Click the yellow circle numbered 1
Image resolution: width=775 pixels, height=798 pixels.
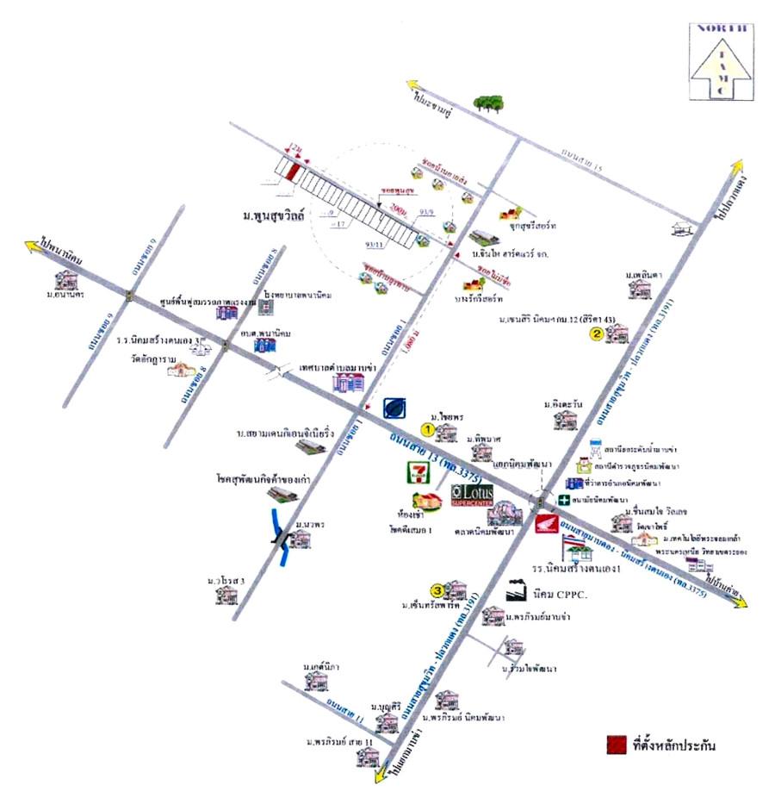427,428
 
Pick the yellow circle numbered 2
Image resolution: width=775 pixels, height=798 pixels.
594,336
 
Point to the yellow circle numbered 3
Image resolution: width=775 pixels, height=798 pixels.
437,590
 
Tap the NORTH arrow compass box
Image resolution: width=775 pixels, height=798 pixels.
719,60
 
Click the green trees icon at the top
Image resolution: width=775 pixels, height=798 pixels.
489,103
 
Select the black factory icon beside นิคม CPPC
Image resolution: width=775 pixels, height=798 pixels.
515,590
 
